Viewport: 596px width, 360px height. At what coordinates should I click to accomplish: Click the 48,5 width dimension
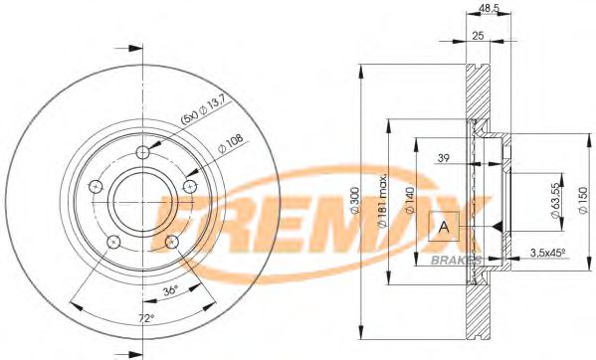click(x=489, y=8)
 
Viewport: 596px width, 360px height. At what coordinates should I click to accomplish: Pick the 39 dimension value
click(x=444, y=156)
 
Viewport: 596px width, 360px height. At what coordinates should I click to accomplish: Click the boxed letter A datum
click(x=444, y=227)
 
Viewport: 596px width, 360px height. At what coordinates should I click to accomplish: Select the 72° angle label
click(x=146, y=318)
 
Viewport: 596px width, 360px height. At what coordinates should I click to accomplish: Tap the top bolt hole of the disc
click(x=142, y=151)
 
